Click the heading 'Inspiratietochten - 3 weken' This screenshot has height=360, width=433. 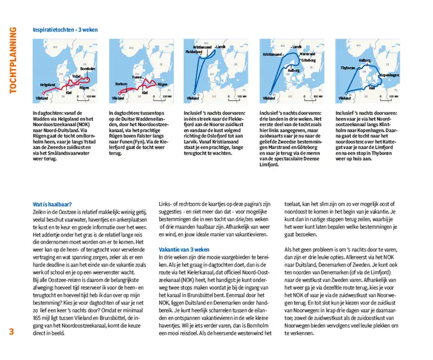[x=65, y=30]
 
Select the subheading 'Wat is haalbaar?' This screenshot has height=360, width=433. [x=52, y=205]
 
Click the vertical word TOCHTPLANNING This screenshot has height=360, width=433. [x=12, y=59]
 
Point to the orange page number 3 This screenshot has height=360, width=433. [x=12, y=332]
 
